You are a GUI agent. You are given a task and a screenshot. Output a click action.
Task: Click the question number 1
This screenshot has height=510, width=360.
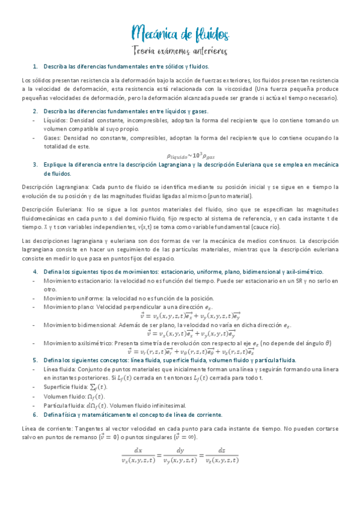pos(35,66)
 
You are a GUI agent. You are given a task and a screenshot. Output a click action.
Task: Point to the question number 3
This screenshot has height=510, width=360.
pos(35,164)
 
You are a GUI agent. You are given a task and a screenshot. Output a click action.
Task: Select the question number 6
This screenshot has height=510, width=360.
pos(35,414)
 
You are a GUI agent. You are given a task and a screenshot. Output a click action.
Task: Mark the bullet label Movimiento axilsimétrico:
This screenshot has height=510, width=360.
pos(76,343)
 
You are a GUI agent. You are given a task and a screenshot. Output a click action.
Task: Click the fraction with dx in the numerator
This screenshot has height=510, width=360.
pos(138,455)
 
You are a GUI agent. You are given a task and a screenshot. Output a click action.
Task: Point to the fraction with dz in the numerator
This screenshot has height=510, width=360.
pos(222,455)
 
